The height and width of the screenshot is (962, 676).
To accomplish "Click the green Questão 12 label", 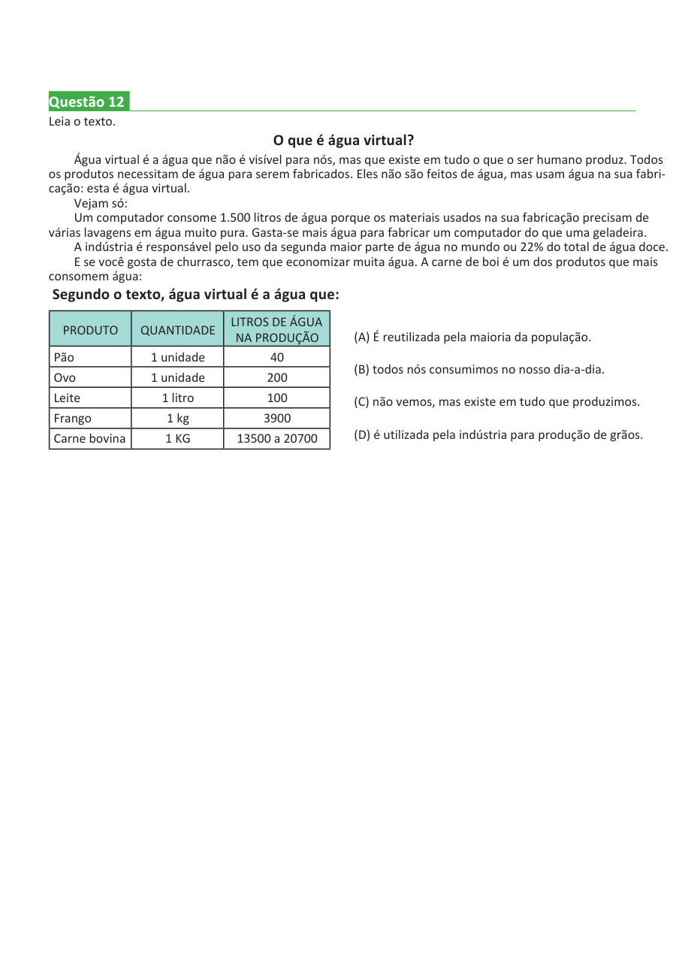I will [88, 101].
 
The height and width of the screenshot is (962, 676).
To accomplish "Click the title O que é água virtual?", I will [343, 141].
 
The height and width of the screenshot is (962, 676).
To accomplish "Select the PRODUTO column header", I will [90, 330].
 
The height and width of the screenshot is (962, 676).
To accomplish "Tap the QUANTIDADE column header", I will [177, 330].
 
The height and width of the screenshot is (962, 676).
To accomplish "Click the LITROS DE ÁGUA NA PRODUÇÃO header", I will [276, 330].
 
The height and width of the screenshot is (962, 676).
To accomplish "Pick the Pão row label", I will [64, 357].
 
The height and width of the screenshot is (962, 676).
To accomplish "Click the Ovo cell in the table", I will [65, 377].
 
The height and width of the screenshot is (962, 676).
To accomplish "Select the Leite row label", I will [67, 398].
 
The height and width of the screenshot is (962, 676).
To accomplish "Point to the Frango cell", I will [72, 418].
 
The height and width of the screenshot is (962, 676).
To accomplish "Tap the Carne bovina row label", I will [89, 438].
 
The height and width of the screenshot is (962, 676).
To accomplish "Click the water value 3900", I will [277, 418].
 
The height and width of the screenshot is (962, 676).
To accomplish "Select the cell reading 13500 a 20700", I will [277, 438].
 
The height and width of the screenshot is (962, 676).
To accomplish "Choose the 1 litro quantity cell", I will [177, 398].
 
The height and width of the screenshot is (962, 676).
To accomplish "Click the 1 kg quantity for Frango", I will [177, 418].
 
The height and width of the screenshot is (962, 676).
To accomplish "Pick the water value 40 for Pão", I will [277, 357].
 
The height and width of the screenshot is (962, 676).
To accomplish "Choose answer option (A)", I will [472, 337].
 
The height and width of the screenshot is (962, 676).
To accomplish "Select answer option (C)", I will [496, 401].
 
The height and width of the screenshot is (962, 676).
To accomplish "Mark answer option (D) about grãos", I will [498, 434].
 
